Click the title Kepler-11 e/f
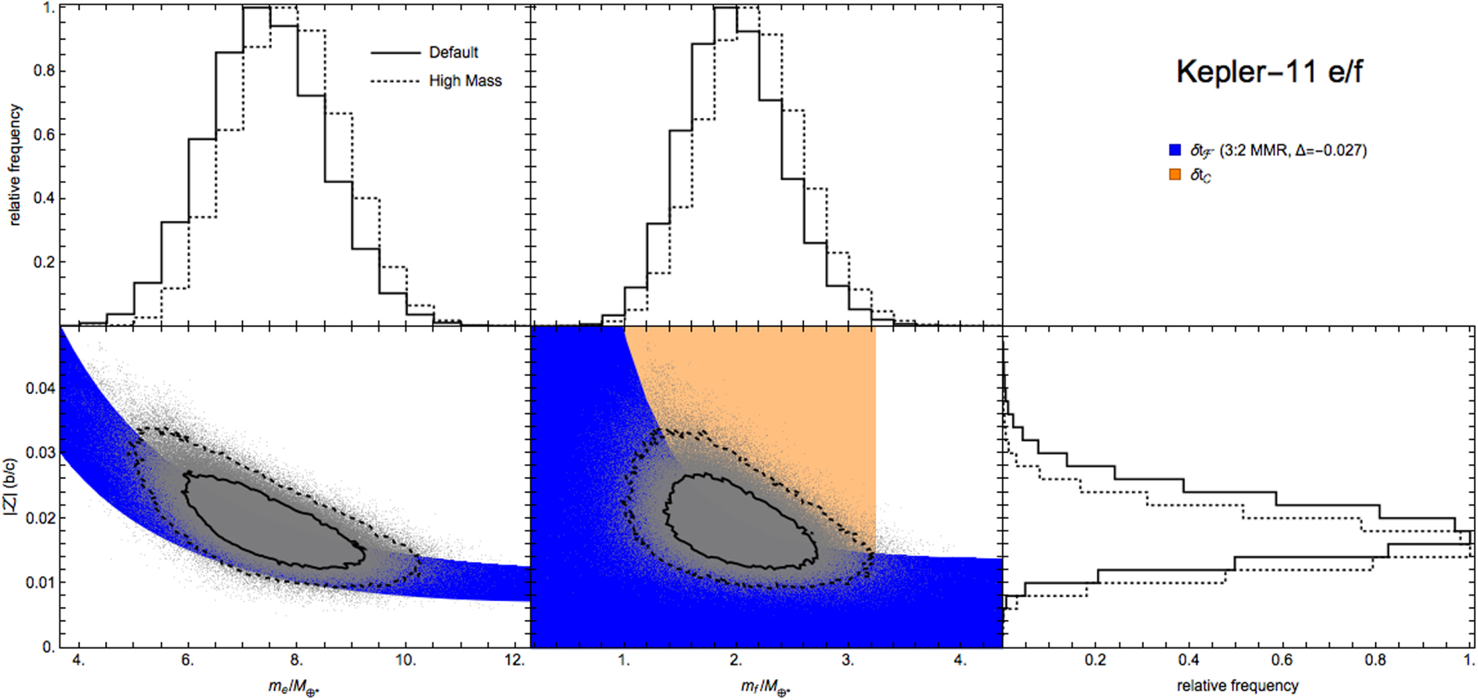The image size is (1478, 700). pos(1269,72)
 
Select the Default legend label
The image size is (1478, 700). pos(454,52)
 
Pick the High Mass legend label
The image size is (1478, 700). pos(465,81)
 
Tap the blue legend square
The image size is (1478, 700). pos(1175,150)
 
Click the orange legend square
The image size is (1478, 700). pos(1175,175)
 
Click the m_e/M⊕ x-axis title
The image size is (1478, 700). pos(294,687)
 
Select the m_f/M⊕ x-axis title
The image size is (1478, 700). pos(766,687)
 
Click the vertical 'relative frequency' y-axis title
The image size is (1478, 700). pos(15,165)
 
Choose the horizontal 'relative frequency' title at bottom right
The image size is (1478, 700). pos(1237,686)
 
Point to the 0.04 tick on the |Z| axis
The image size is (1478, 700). pos(40,388)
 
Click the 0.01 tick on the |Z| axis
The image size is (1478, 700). pos(40,582)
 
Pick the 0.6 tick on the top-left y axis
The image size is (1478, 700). pos(44,134)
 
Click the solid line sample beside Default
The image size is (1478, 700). pos(395,52)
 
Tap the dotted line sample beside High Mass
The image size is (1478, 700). pos(395,81)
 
